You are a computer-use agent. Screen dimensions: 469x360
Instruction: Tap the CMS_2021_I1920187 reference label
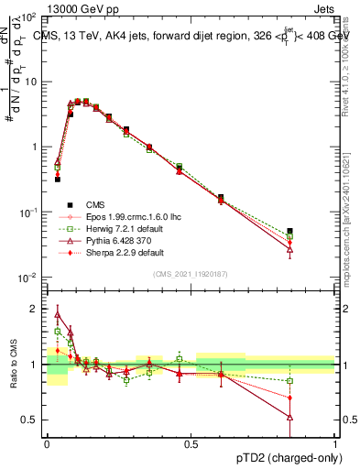point(190,274)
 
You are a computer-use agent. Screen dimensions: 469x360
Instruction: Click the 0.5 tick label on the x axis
point(191,443)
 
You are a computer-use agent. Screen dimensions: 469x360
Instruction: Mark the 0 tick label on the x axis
point(47,443)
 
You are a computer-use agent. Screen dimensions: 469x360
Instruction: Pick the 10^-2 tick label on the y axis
point(29,277)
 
